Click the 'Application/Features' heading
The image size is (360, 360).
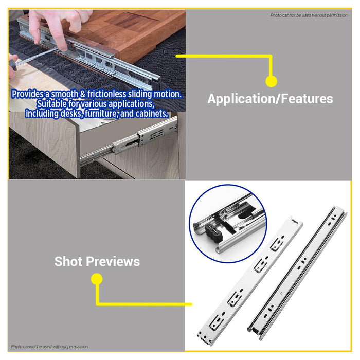pyautogui.click(x=270, y=99)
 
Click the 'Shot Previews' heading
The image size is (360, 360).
pyautogui.click(x=97, y=261)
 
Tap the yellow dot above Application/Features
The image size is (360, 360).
pyautogui.click(x=271, y=81)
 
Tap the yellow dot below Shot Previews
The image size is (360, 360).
pyautogui.click(x=97, y=279)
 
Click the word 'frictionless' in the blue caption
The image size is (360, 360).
pyautogui.click(x=108, y=95)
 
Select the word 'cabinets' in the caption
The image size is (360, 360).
pyautogui.click(x=151, y=114)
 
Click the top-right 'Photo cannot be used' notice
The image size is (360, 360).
pyautogui.click(x=309, y=15)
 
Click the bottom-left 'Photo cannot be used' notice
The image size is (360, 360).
pyautogui.click(x=49, y=347)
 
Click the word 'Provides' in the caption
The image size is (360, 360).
pyautogui.click(x=27, y=95)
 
